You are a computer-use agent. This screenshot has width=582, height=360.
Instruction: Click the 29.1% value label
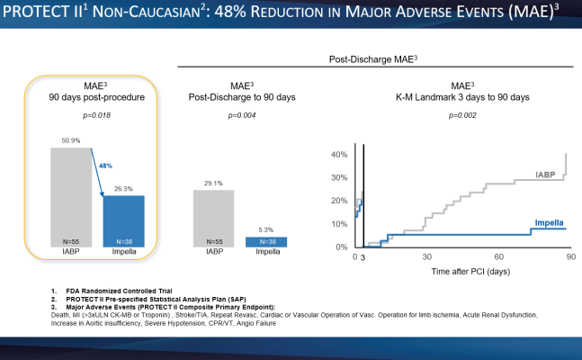(213, 184)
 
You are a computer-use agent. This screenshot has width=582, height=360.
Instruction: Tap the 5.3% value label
(267, 230)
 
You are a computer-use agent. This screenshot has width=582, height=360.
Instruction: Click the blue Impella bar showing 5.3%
(267, 241)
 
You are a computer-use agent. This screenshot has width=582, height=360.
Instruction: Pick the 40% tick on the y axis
(341, 155)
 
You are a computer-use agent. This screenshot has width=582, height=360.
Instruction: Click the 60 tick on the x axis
(499, 257)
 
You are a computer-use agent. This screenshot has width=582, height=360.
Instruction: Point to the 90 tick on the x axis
(570, 257)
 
